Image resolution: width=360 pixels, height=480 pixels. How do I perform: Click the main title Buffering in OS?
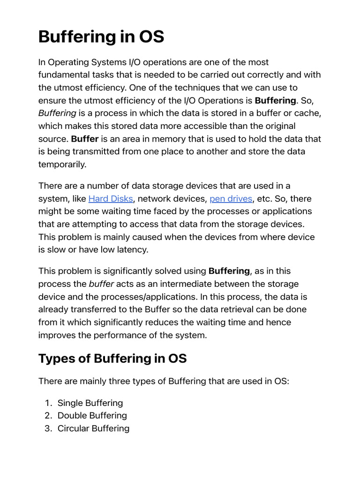(101, 37)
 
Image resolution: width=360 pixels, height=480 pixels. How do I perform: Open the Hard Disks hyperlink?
(111, 199)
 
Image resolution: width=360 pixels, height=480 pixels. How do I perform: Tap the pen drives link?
(231, 199)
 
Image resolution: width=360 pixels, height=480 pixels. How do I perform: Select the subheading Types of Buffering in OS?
(112, 359)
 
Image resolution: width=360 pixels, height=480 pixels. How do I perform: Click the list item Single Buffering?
(90, 403)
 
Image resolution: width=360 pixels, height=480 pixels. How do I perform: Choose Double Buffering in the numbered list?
(92, 416)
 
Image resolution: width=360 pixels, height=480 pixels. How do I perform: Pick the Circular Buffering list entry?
(93, 428)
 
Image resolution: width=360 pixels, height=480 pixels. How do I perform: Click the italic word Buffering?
(57, 113)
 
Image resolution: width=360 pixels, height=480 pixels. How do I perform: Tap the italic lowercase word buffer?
(101, 284)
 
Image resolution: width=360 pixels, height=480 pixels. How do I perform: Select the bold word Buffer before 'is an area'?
(84, 139)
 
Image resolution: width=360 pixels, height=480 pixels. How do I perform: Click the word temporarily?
(62, 165)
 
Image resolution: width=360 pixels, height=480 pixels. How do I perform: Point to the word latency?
(133, 250)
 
